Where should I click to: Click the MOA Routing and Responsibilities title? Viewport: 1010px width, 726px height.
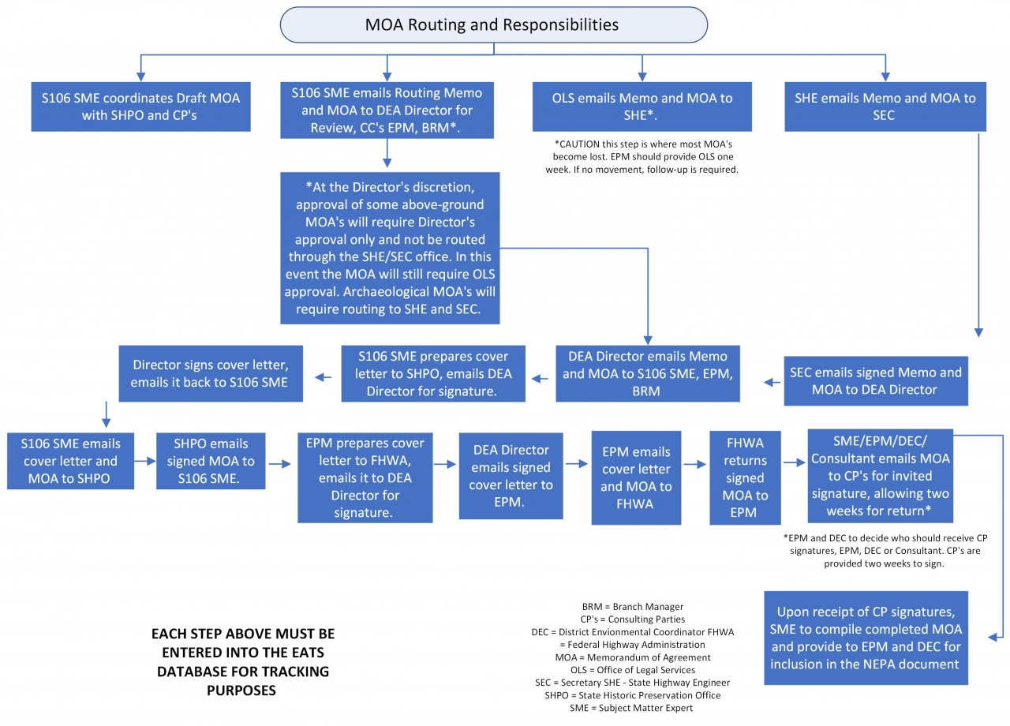[493, 24]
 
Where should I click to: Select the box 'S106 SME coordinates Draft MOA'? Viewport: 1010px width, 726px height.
[140, 107]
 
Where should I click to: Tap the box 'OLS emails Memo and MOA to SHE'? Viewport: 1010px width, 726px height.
[642, 107]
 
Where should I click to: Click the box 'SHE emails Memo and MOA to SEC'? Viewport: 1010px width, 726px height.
[885, 107]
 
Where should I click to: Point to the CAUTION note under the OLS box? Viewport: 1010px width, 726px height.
[646, 157]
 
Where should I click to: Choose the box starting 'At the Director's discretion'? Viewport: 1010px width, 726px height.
[390, 248]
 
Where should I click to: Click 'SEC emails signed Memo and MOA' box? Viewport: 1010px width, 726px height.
[875, 380]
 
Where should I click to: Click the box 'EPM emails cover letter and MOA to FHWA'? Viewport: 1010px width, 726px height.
[636, 477]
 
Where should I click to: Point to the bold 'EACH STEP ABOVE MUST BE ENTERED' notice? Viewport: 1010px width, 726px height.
[243, 662]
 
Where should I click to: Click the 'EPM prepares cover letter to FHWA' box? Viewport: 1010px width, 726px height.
[364, 477]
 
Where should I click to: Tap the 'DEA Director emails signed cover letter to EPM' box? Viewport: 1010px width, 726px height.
[511, 476]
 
